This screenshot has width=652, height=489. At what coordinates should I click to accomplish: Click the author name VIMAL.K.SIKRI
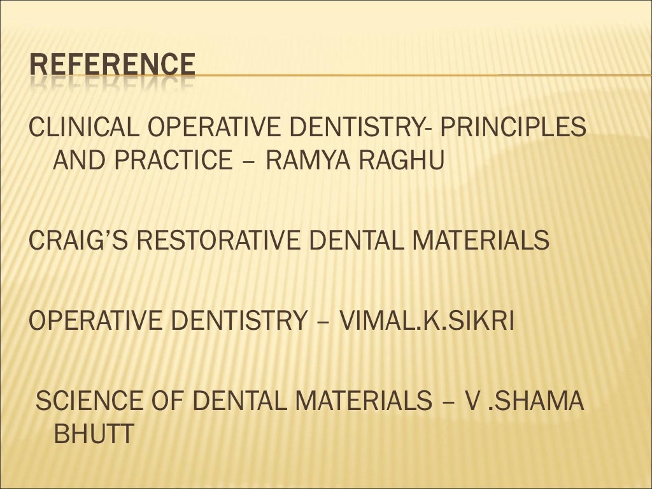427,321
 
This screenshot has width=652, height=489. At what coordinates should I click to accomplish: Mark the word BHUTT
94,436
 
